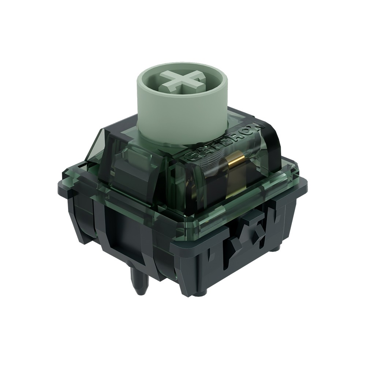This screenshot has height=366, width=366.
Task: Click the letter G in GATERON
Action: point(191,157)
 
